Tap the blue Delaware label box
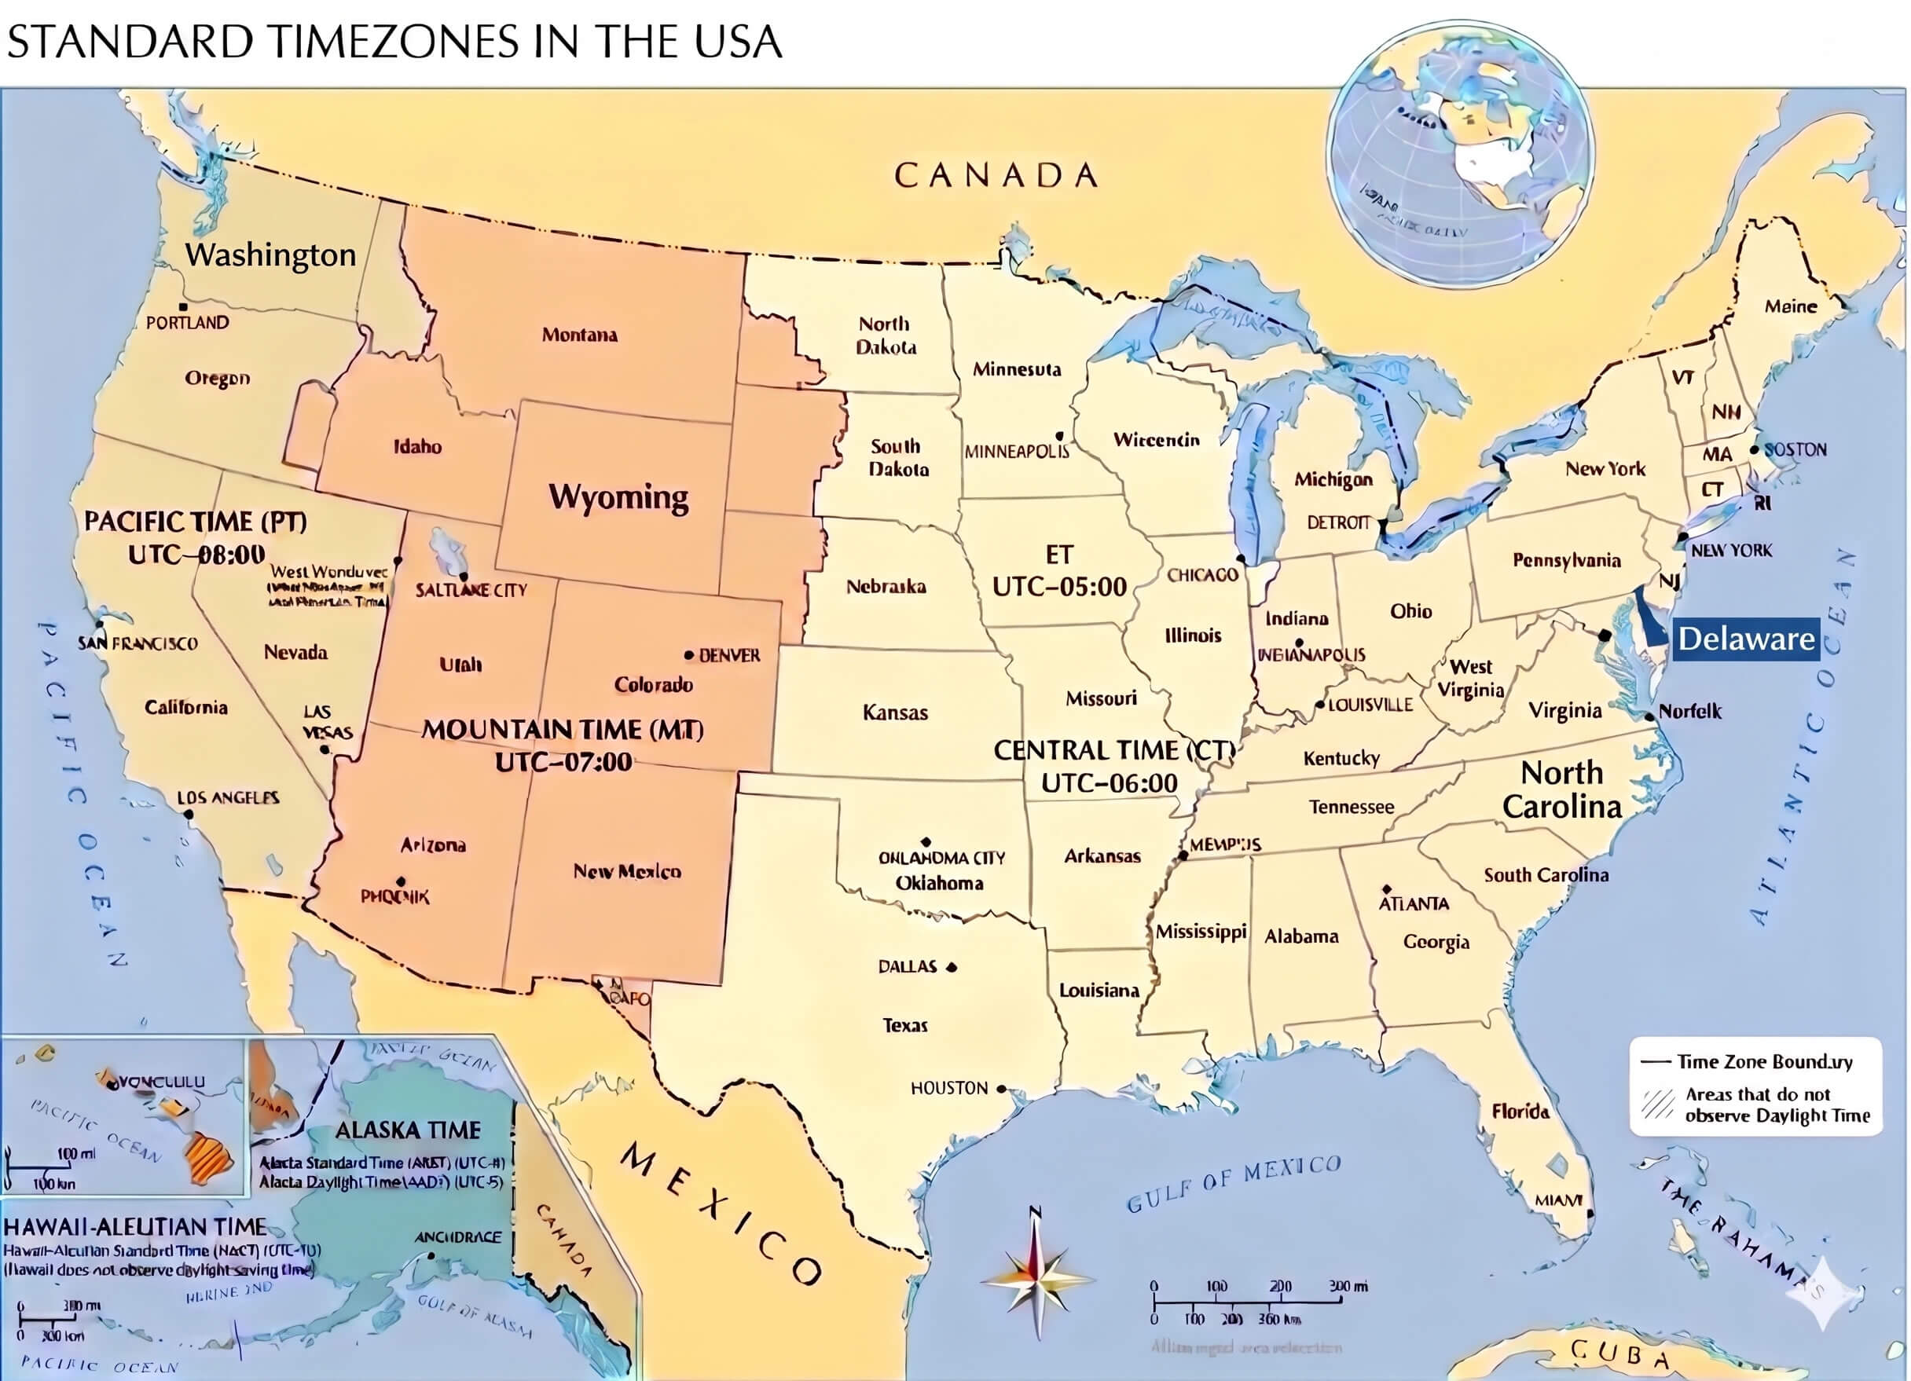(x=1745, y=639)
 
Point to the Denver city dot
(x=688, y=654)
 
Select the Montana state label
(x=579, y=335)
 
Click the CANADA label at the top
(x=996, y=175)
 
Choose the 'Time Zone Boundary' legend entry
(x=1762, y=1061)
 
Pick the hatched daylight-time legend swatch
(x=1656, y=1104)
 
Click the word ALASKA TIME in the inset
(x=408, y=1130)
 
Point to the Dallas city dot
(x=952, y=967)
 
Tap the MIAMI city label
(x=1557, y=1200)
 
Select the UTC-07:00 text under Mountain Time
(x=563, y=762)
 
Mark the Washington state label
(x=270, y=255)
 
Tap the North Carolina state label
(x=1561, y=789)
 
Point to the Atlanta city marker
(x=1385, y=890)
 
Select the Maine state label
(x=1791, y=306)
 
